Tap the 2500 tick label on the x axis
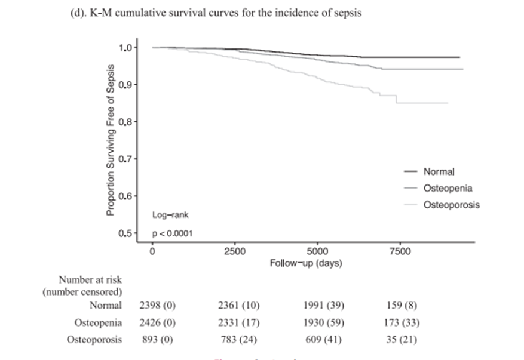point(235,252)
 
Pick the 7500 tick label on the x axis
point(400,252)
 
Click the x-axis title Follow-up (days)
point(305,263)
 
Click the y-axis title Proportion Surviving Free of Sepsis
point(111,140)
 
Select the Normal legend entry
point(439,171)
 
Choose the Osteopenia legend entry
point(448,188)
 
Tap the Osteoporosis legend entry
point(451,205)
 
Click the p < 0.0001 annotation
point(173,233)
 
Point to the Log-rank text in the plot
point(171,213)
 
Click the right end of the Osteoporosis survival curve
point(448,103)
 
